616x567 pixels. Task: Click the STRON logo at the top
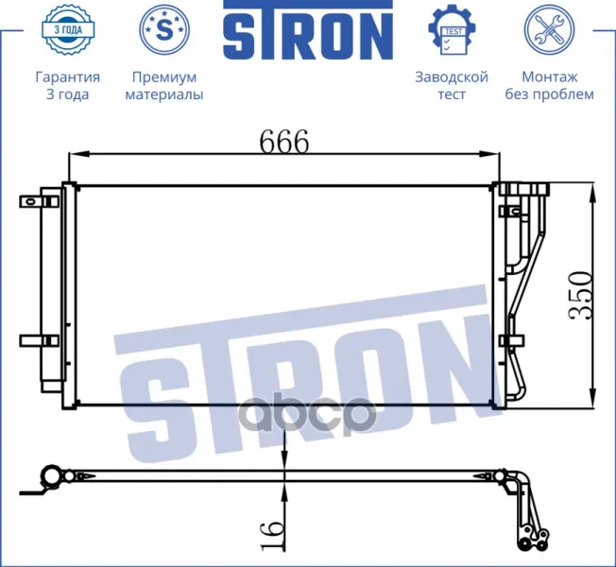pyautogui.click(x=308, y=29)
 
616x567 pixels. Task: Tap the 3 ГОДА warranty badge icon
pyautogui.click(x=68, y=29)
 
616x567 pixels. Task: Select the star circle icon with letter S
pyautogui.click(x=164, y=29)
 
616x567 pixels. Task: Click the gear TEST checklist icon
pyautogui.click(x=452, y=30)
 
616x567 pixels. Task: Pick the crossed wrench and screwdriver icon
pyautogui.click(x=549, y=29)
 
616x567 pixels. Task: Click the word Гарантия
pyautogui.click(x=68, y=77)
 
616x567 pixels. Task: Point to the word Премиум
pyautogui.click(x=164, y=77)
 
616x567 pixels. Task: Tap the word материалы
pyautogui.click(x=164, y=94)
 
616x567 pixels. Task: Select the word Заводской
pyautogui.click(x=452, y=77)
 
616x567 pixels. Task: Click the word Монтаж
pyautogui.click(x=550, y=77)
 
